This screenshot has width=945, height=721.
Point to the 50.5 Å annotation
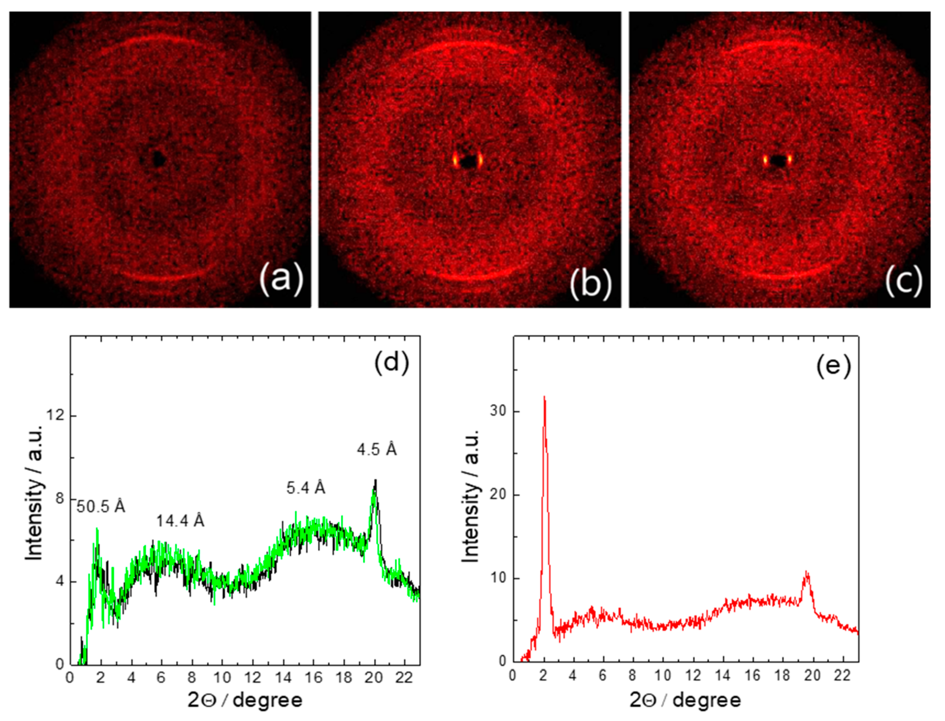[x=101, y=507]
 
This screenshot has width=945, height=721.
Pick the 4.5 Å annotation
[x=377, y=450]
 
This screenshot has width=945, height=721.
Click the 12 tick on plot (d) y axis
[x=57, y=416]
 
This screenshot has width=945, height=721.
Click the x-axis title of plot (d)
[x=245, y=700]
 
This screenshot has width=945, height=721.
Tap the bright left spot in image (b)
[x=455, y=161]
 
